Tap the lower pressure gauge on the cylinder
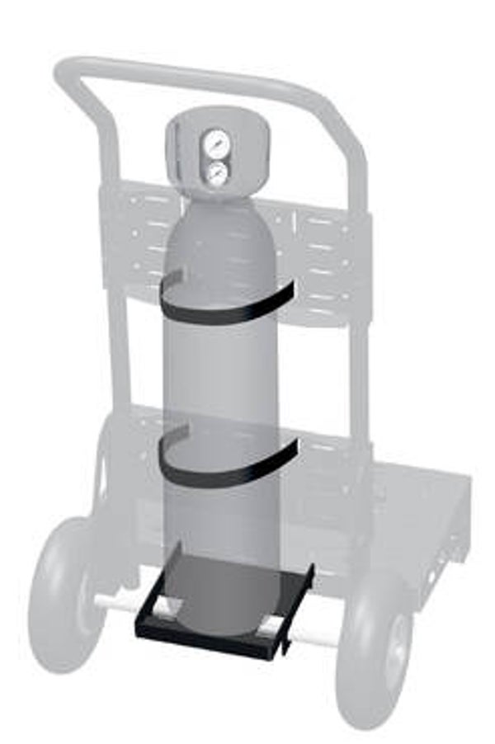pos(218,172)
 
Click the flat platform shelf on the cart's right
pos(421,503)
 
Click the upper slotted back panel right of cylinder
pos(326,256)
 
